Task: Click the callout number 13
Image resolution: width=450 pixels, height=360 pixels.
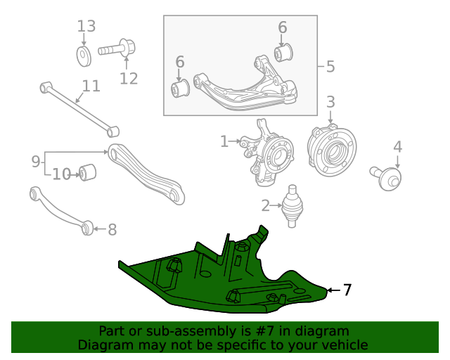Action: pyautogui.click(x=86, y=27)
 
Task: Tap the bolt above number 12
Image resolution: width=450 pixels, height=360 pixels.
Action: pyautogui.click(x=117, y=50)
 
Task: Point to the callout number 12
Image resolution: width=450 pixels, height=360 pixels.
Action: pyautogui.click(x=129, y=78)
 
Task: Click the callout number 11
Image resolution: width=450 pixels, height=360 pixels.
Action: pyautogui.click(x=91, y=86)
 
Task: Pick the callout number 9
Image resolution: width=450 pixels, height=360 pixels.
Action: pyautogui.click(x=36, y=162)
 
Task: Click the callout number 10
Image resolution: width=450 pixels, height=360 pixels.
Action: pyautogui.click(x=62, y=174)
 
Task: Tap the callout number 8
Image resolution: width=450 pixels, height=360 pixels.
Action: pyautogui.click(x=112, y=229)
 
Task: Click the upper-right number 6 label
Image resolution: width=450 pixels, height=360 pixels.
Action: pyautogui.click(x=282, y=27)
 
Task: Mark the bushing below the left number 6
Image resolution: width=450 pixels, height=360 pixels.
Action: pyautogui.click(x=181, y=89)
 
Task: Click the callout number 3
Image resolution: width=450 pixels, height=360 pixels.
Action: pyautogui.click(x=330, y=103)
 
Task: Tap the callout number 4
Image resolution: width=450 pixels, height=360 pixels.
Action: pyautogui.click(x=397, y=148)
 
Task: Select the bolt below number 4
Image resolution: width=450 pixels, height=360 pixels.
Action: pyautogui.click(x=387, y=177)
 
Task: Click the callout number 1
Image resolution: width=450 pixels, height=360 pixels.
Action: pyautogui.click(x=224, y=142)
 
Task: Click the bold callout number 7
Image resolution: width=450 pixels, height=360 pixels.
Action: pyautogui.click(x=347, y=290)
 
